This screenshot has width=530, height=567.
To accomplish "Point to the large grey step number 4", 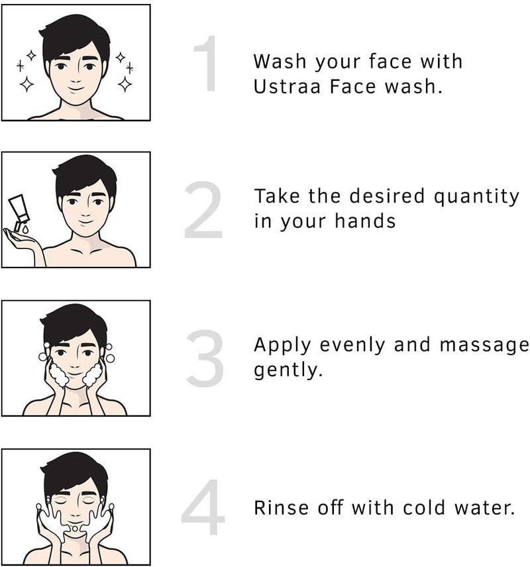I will pos(203,509).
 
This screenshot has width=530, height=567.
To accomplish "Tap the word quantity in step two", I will pos(477,197).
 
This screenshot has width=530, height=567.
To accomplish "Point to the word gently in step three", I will pos(288,370).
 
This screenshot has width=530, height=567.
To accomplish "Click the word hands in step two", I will pos(363,221).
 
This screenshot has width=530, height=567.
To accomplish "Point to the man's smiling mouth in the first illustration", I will pos(75,86).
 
